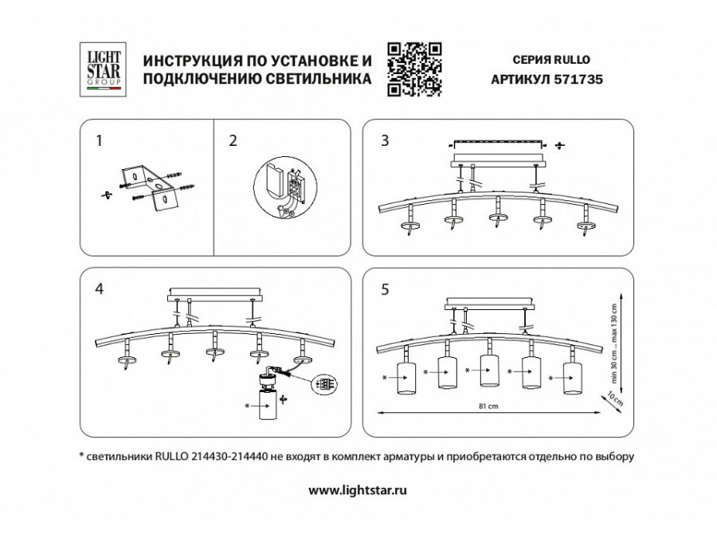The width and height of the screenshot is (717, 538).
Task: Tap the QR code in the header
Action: [414, 68]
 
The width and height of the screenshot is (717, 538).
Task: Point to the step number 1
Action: [99, 142]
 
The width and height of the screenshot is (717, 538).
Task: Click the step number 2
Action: [233, 142]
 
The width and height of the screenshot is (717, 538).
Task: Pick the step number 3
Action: [385, 142]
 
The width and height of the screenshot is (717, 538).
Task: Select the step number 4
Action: [99, 289]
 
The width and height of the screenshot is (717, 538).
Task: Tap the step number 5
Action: [385, 289]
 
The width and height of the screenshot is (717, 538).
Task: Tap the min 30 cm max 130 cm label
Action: [614, 334]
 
